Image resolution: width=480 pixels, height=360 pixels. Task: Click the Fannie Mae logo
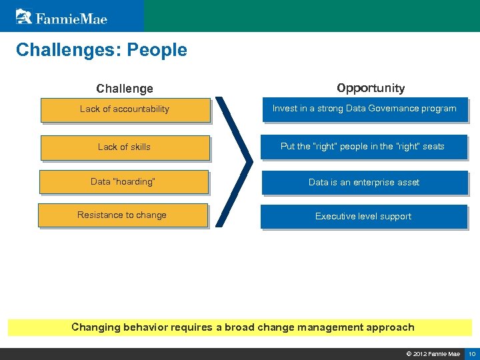[61, 16]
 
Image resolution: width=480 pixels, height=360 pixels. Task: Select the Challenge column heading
[125, 89]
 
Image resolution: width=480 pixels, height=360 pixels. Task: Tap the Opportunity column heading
[371, 88]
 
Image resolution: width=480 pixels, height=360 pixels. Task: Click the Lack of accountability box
[125, 109]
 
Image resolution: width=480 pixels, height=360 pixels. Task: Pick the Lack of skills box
[125, 147]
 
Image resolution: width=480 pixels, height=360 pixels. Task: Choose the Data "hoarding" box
[123, 182]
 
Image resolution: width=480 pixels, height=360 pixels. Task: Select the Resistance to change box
[123, 215]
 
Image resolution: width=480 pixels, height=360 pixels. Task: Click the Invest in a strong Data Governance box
[365, 109]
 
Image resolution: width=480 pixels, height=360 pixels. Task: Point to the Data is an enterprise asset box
[364, 183]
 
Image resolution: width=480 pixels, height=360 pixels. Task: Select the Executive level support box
[363, 217]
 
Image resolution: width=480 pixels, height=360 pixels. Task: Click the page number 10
[472, 353]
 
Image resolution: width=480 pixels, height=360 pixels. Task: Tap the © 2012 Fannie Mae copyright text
[433, 353]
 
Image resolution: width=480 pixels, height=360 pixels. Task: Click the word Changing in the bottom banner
[96, 327]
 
